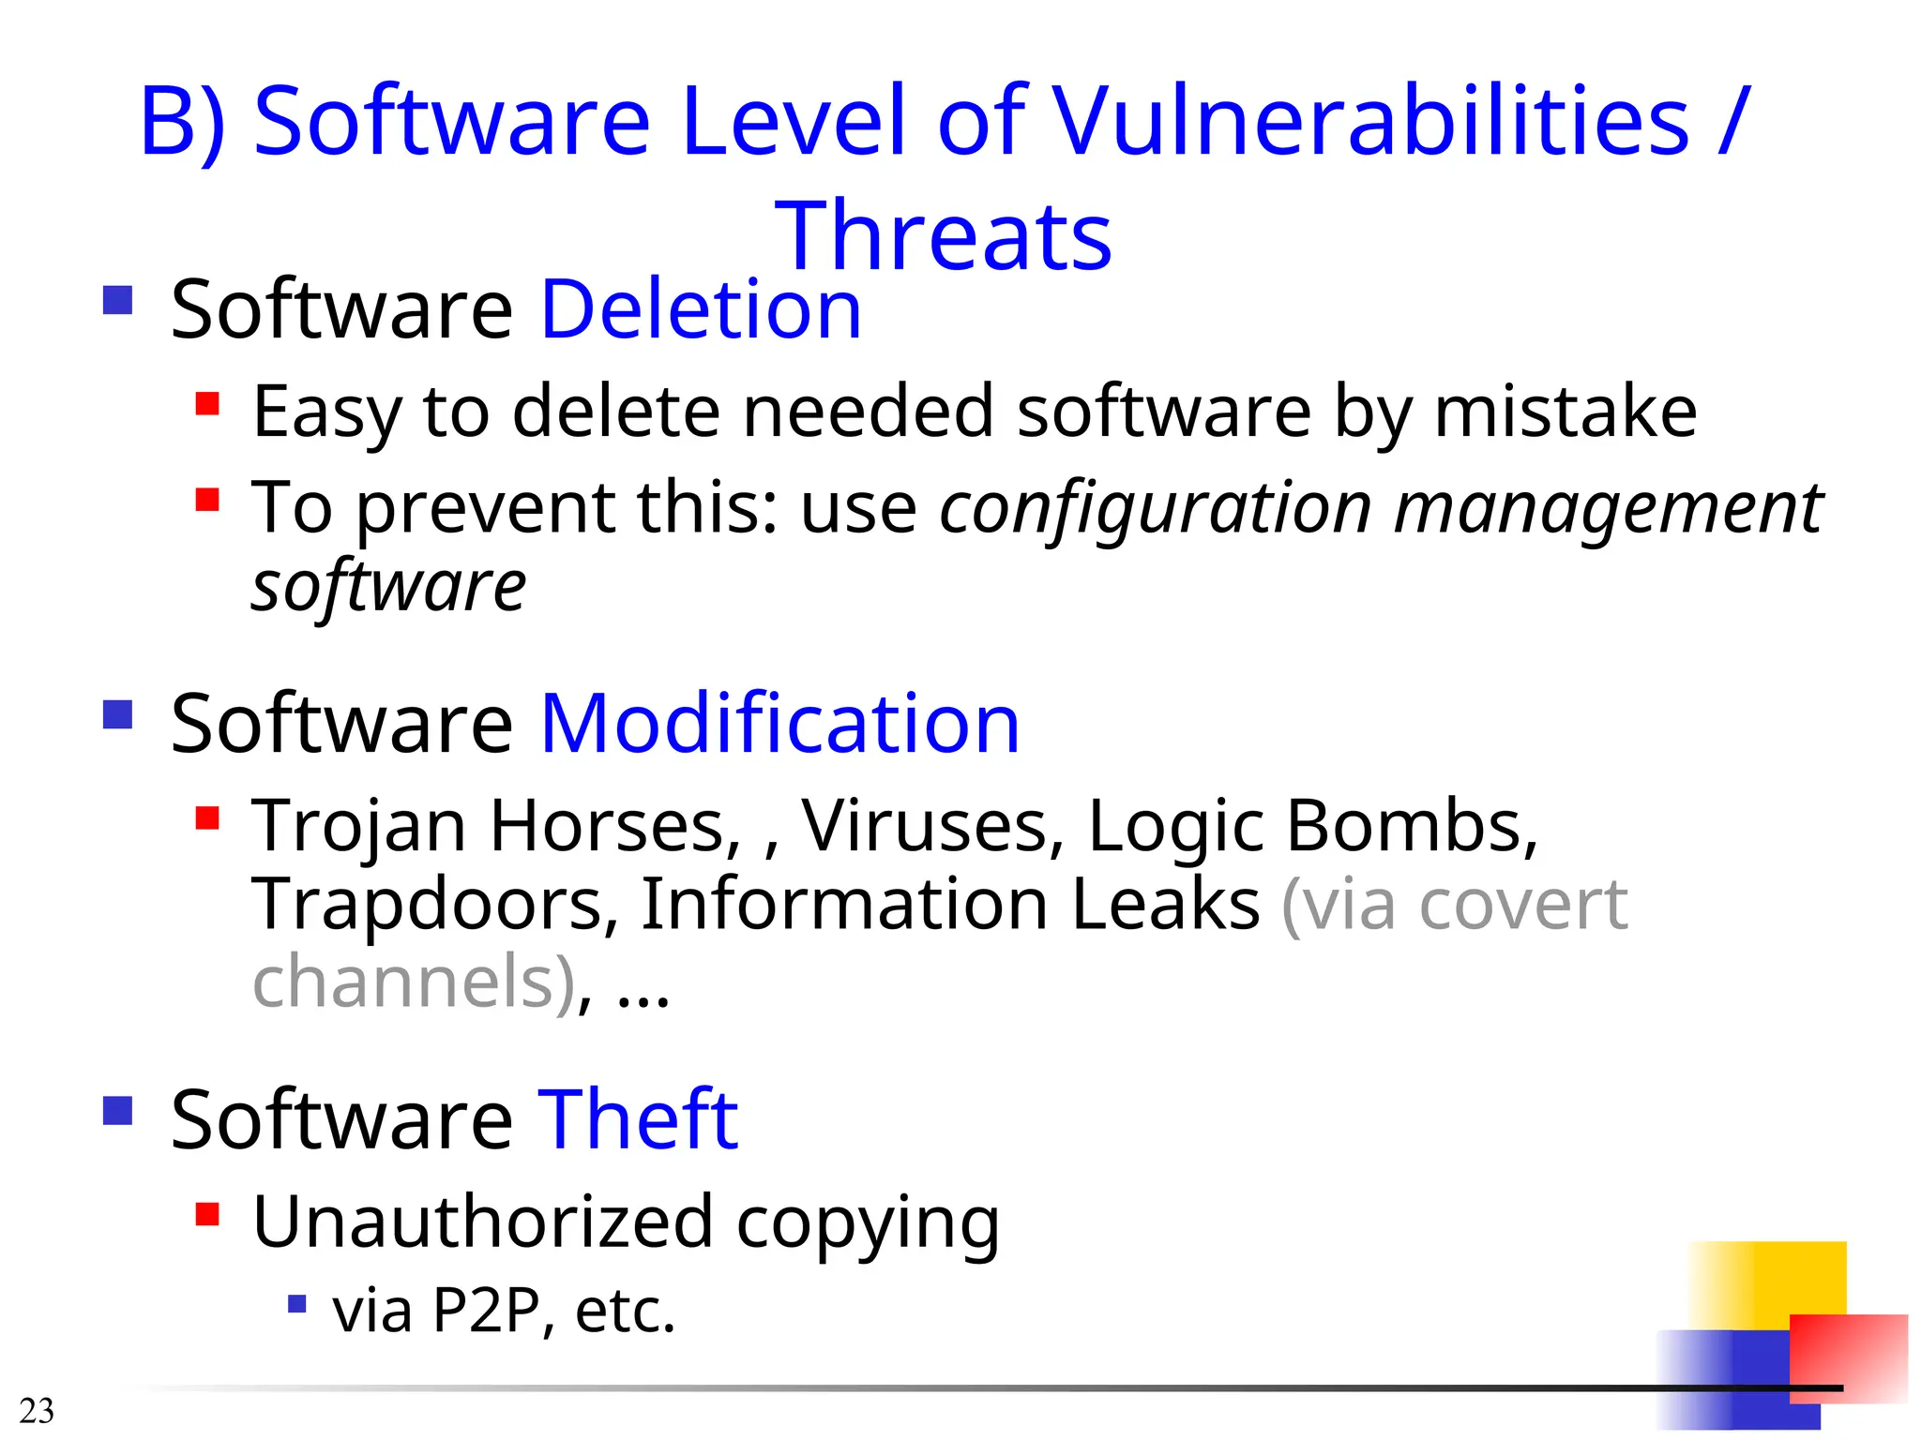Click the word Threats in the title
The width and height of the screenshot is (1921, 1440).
pos(943,236)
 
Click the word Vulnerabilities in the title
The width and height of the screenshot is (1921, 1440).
pos(1369,122)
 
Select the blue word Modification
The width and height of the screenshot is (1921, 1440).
pos(779,724)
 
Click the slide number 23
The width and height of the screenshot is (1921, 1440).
pos(37,1411)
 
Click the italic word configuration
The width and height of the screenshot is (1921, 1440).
pos(1156,508)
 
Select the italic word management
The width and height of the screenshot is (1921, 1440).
pos(1608,508)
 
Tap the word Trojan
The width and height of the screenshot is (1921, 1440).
pos(358,827)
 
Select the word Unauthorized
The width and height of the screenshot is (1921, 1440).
pos(483,1222)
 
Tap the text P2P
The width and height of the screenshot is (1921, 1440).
pos(486,1311)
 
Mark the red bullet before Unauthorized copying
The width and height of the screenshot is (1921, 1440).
pos(207,1214)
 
